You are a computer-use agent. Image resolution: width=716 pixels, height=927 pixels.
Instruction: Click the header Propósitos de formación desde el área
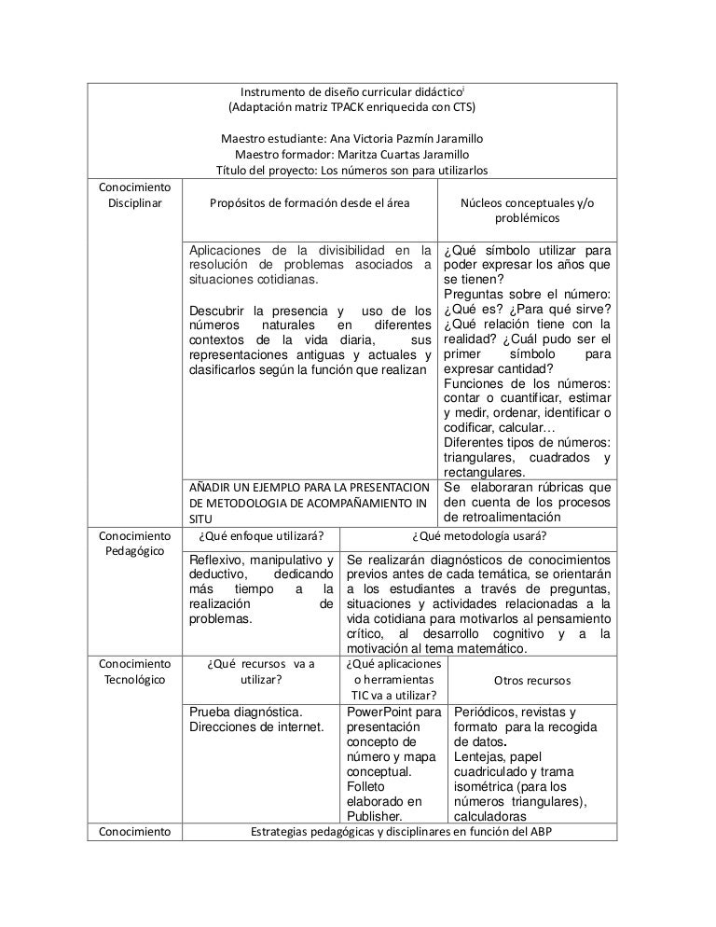click(x=310, y=202)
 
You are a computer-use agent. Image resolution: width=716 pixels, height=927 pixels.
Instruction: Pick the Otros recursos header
click(x=532, y=680)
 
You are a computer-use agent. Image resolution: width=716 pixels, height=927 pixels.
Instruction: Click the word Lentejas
click(x=479, y=757)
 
